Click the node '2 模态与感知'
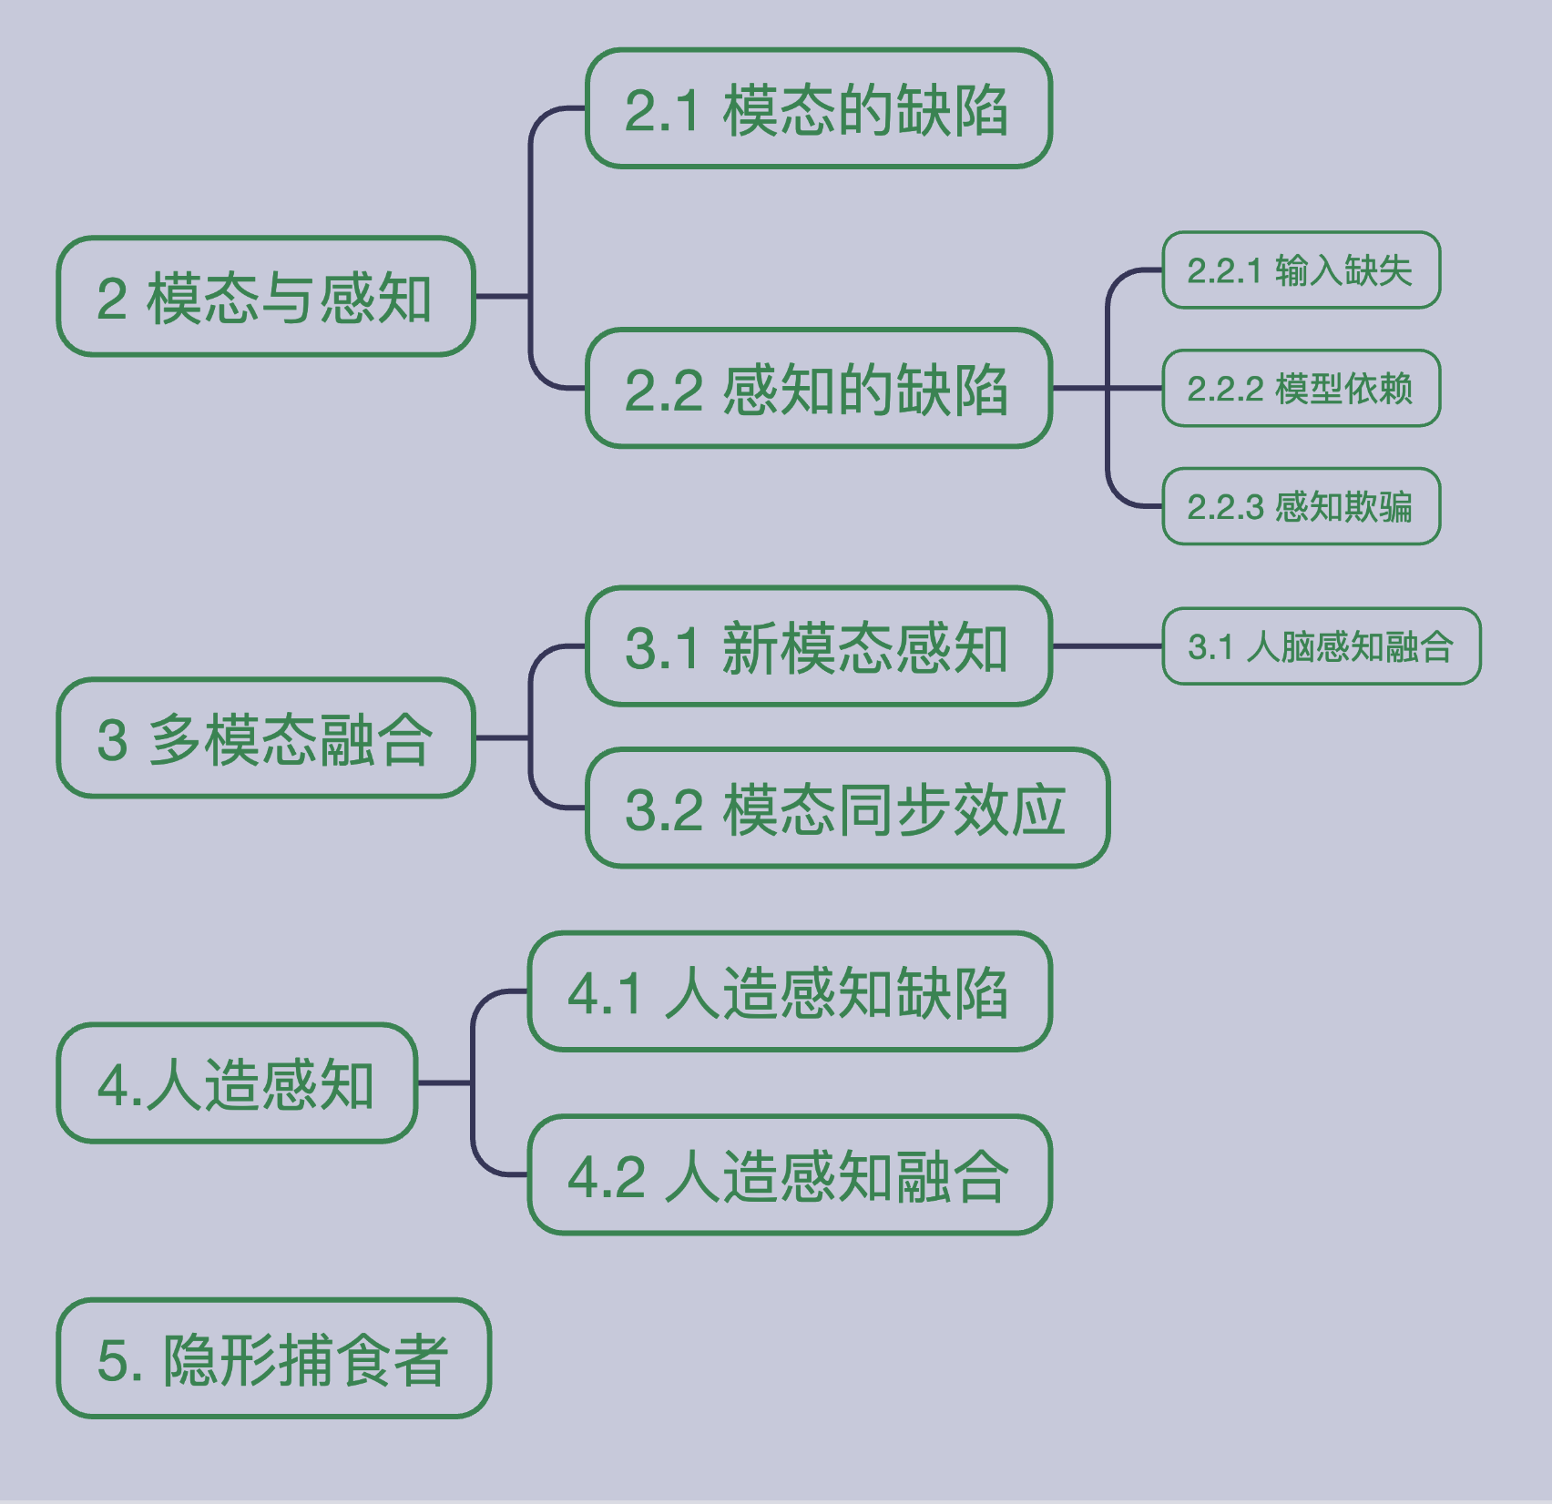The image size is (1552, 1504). [x=265, y=297]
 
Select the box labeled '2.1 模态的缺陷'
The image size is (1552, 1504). [x=818, y=109]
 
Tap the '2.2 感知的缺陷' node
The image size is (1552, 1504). [x=818, y=389]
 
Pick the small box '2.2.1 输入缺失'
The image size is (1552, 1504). [x=1301, y=270]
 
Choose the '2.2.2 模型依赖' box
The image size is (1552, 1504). [x=1301, y=389]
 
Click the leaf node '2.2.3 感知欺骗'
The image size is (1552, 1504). [x=1301, y=506]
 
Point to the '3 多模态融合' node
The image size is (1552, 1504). [x=265, y=738]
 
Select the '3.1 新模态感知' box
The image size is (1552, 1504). [x=818, y=647]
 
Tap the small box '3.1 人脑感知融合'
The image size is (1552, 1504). [x=1321, y=646]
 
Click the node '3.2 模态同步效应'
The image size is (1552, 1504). [x=847, y=808]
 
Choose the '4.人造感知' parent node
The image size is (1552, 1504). [x=237, y=1083]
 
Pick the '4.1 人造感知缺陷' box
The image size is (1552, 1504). [x=789, y=991]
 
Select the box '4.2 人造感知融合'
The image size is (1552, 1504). [x=789, y=1175]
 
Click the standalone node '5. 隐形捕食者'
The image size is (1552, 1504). [x=273, y=1358]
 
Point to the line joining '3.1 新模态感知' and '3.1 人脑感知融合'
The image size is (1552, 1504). [x=1107, y=646]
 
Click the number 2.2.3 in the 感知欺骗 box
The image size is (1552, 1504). [x=1226, y=507]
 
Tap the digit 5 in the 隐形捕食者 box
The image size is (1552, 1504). [x=112, y=1360]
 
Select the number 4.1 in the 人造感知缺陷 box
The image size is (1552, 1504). [x=606, y=993]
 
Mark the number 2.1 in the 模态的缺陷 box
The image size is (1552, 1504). [x=662, y=111]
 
